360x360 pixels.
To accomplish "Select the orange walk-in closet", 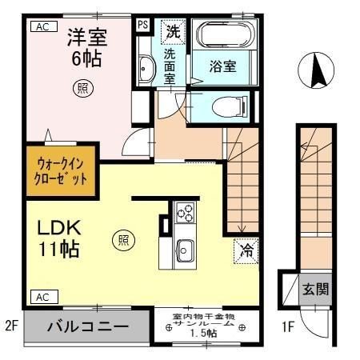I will (62, 170).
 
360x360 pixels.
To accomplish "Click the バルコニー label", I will (87, 326).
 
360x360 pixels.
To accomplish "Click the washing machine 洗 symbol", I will (173, 32).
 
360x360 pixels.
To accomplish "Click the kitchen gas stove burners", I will (185, 213).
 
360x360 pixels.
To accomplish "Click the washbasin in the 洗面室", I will (146, 70).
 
